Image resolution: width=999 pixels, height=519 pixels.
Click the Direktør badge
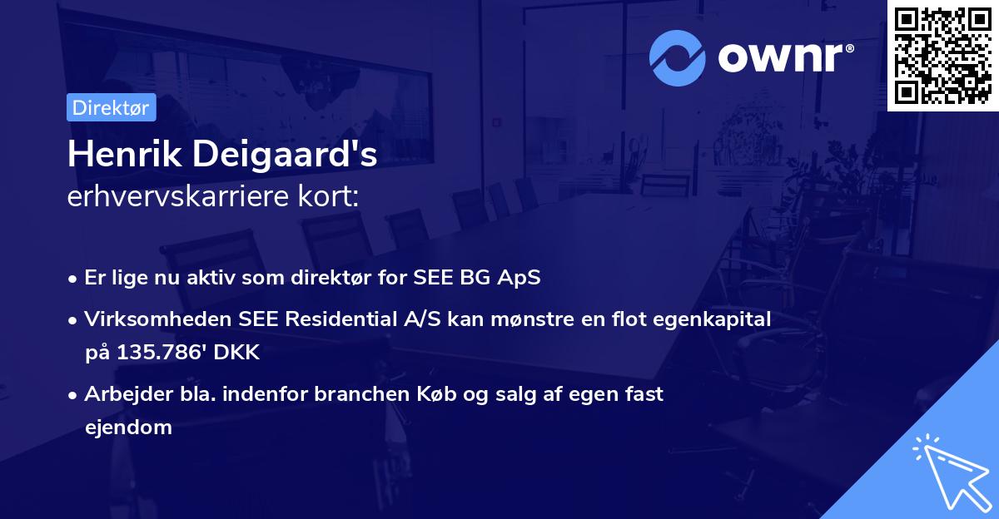(x=111, y=107)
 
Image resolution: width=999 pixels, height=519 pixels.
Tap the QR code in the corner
(x=943, y=55)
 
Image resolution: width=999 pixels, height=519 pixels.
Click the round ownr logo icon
(x=677, y=57)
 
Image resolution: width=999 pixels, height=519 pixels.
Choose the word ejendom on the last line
(x=128, y=428)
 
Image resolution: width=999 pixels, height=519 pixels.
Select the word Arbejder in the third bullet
(x=123, y=394)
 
